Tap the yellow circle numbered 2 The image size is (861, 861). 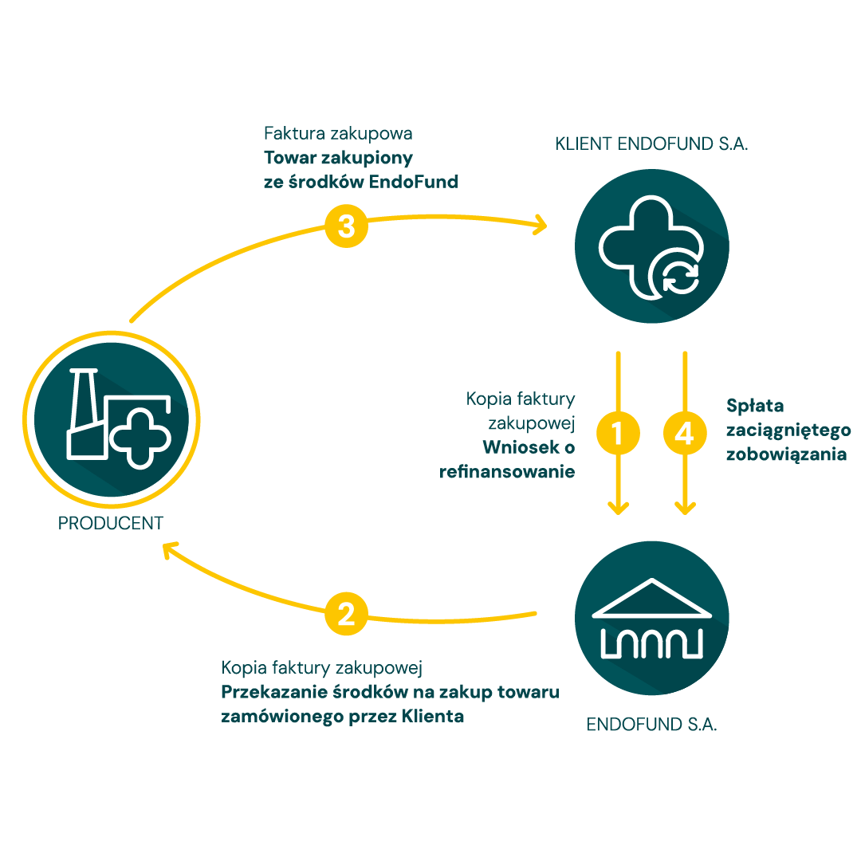tap(346, 614)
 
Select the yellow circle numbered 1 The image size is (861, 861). tap(618, 433)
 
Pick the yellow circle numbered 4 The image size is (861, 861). tap(685, 433)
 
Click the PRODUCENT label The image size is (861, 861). tap(111, 524)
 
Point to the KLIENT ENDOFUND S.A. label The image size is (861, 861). tap(651, 145)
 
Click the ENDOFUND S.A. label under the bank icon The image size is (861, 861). tap(652, 725)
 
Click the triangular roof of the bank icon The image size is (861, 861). tap(652, 598)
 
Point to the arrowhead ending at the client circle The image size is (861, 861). tap(541, 226)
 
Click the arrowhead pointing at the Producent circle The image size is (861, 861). tap(168, 549)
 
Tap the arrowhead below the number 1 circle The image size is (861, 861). tap(618, 507)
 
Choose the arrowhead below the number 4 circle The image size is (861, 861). tap(685, 507)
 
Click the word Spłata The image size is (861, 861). tap(755, 406)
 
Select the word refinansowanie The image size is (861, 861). tap(507, 472)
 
